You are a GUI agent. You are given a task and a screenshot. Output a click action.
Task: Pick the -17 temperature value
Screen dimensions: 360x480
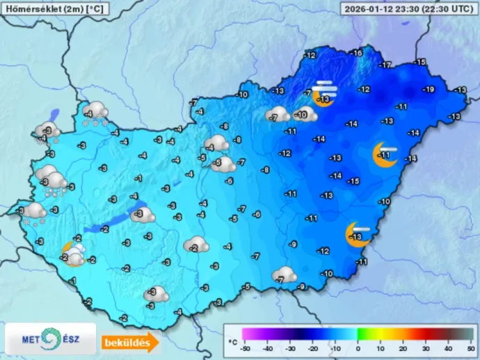[385, 65]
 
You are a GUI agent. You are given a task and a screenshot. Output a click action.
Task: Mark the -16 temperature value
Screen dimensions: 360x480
[356, 54]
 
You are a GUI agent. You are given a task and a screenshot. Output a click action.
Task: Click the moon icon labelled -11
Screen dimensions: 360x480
[384, 155]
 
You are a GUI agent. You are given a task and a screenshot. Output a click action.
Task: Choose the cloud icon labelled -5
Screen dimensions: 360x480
[222, 165]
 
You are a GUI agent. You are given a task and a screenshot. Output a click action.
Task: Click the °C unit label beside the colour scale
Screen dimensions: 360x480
[232, 343]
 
